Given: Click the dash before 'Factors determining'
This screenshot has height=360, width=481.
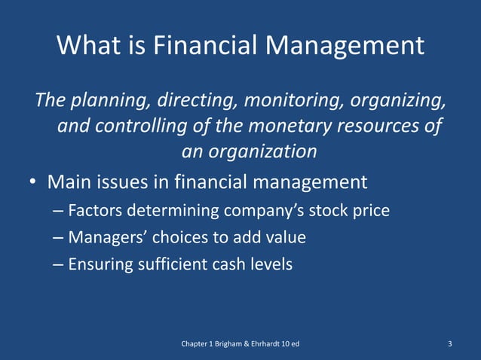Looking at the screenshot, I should (59, 210).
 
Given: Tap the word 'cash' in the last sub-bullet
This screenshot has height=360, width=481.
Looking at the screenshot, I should (227, 264).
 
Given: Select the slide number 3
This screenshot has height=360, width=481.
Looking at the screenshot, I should (449, 344).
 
